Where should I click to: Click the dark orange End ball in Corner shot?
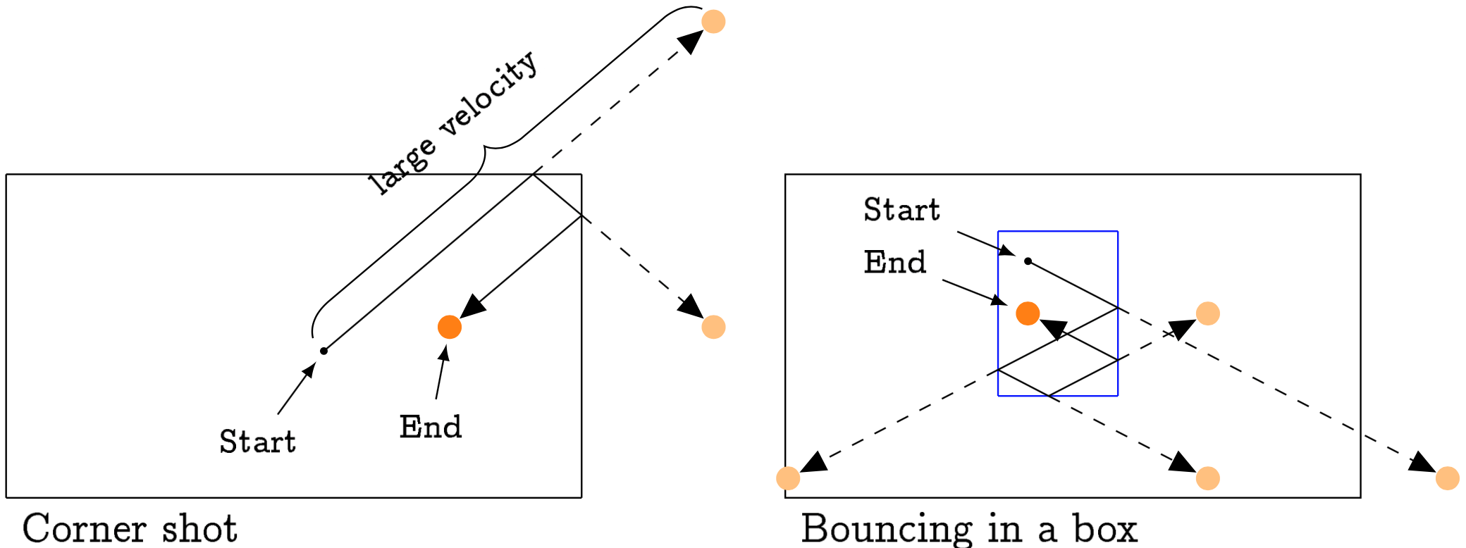coord(449,327)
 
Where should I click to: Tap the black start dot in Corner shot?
coord(324,351)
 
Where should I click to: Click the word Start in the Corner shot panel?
coord(257,442)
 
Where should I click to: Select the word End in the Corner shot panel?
coord(430,427)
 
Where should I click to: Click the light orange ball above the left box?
coord(713,21)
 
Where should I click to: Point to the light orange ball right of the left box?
coord(713,327)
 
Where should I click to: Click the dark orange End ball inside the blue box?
coord(1028,313)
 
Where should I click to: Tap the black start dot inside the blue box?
coord(1028,261)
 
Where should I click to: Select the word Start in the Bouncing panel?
coord(901,210)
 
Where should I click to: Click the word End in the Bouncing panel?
coord(894,262)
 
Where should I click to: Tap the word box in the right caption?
coord(1104,528)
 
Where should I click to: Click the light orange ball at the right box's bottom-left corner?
coord(788,478)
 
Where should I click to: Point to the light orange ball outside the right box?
coord(1447,478)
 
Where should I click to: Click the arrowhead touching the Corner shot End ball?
coord(472,307)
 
